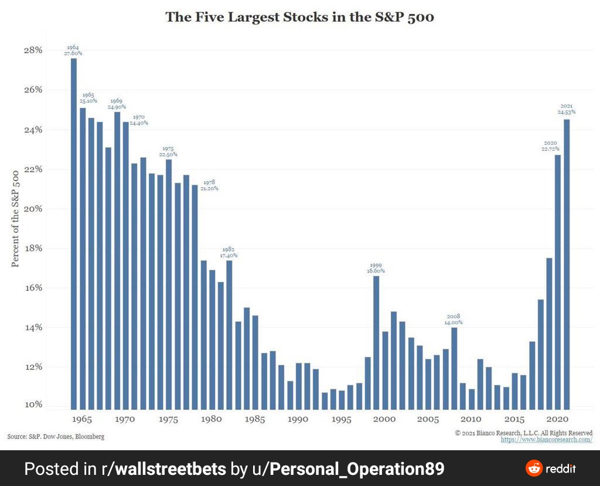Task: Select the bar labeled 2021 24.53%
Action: click(567, 264)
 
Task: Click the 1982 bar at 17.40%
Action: click(229, 334)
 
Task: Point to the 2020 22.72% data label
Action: click(550, 146)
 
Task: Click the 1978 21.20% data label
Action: click(209, 185)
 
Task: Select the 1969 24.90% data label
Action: click(117, 104)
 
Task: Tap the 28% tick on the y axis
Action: click(33, 50)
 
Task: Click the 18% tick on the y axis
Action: click(33, 248)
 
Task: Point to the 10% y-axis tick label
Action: click(33, 405)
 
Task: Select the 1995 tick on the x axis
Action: click(341, 420)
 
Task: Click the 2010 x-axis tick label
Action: click(471, 420)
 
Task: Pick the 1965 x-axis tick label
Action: click(82, 420)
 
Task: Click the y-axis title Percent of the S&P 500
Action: click(16, 218)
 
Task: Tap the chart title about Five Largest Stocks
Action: click(299, 17)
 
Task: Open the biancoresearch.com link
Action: click(546, 440)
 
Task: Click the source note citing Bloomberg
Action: click(56, 437)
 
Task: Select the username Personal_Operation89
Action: click(356, 468)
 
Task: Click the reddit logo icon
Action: click(534, 468)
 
